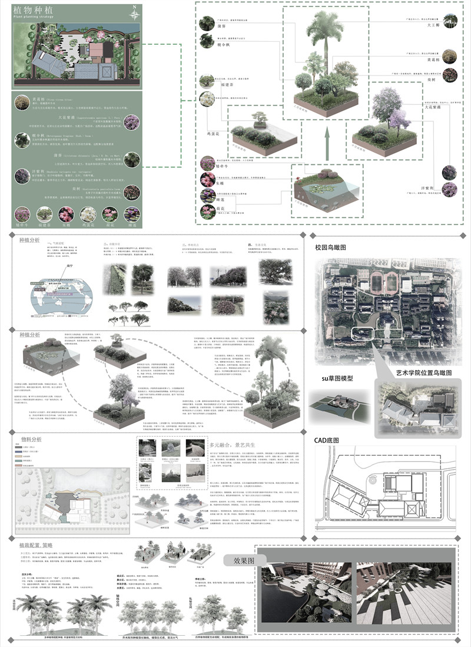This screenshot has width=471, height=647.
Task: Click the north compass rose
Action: point(135,12)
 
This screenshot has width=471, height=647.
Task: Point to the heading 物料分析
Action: point(31,439)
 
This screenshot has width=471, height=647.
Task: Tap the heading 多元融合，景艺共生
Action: point(235,445)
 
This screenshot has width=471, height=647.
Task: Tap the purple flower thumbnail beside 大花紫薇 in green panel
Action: point(132,122)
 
